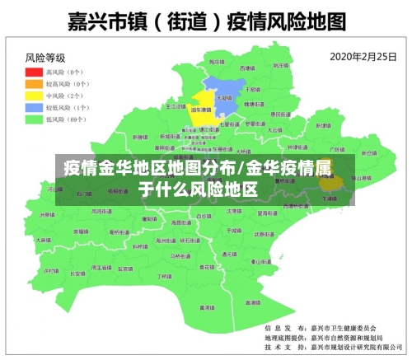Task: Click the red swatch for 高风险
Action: [36, 72]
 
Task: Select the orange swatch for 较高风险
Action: [36, 84]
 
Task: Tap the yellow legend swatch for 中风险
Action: [36, 96]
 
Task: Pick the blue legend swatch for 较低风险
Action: [36, 107]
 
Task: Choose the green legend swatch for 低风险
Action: [36, 119]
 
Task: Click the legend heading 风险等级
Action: [45, 58]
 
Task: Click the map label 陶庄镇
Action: [216, 63]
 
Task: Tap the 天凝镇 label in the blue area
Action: [222, 96]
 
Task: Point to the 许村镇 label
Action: [51, 270]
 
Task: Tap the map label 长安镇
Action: [77, 273]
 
